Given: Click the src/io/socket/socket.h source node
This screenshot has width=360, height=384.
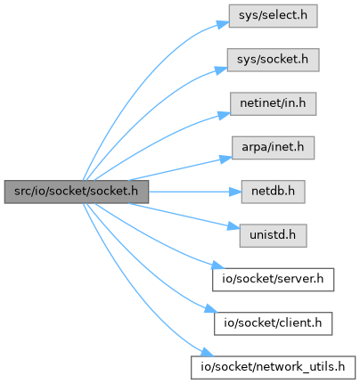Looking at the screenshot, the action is (x=77, y=192).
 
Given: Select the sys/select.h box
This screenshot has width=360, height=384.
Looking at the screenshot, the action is (x=273, y=16).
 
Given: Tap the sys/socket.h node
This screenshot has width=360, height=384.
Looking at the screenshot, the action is (x=273, y=60).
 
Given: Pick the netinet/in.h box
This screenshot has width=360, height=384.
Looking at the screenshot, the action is (x=273, y=103).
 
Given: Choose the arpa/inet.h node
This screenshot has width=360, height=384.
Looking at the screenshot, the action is (x=273, y=148).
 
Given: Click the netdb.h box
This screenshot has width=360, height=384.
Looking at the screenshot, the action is (x=273, y=192).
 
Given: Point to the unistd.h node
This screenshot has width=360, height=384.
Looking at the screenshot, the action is (x=273, y=235).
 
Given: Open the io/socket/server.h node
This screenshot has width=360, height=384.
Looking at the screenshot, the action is (x=273, y=280).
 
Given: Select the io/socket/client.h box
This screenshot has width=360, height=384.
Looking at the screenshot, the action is (x=273, y=323).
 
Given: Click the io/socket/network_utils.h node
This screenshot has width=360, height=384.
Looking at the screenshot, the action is (x=273, y=367).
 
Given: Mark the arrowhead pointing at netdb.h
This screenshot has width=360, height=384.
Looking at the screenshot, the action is (x=235, y=192).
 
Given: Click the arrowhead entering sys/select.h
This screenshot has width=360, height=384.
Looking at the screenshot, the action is (x=223, y=24).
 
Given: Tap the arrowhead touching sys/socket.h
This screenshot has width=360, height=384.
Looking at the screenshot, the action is (x=221, y=70).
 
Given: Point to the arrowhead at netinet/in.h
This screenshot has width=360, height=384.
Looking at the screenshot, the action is (x=225, y=115).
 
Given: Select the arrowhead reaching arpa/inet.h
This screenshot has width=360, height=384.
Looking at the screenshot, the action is (x=225, y=159).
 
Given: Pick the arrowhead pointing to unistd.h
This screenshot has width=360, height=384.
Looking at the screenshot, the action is (x=233, y=226).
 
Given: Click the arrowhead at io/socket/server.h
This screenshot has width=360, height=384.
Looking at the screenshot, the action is (x=218, y=264).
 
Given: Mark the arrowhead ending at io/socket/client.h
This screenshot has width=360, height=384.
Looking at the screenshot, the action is (x=211, y=308).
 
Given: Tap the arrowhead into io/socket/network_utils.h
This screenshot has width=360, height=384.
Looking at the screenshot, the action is (x=207, y=353).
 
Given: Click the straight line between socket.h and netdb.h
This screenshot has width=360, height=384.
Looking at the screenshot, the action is (x=189, y=192).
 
